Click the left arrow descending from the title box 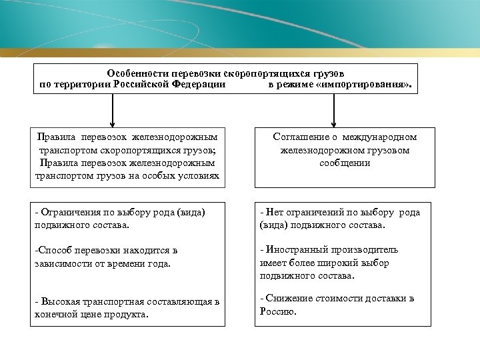(x=113, y=110)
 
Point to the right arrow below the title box (x=331, y=110)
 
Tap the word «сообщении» (x=345, y=163)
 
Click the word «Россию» (x=277, y=311)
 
